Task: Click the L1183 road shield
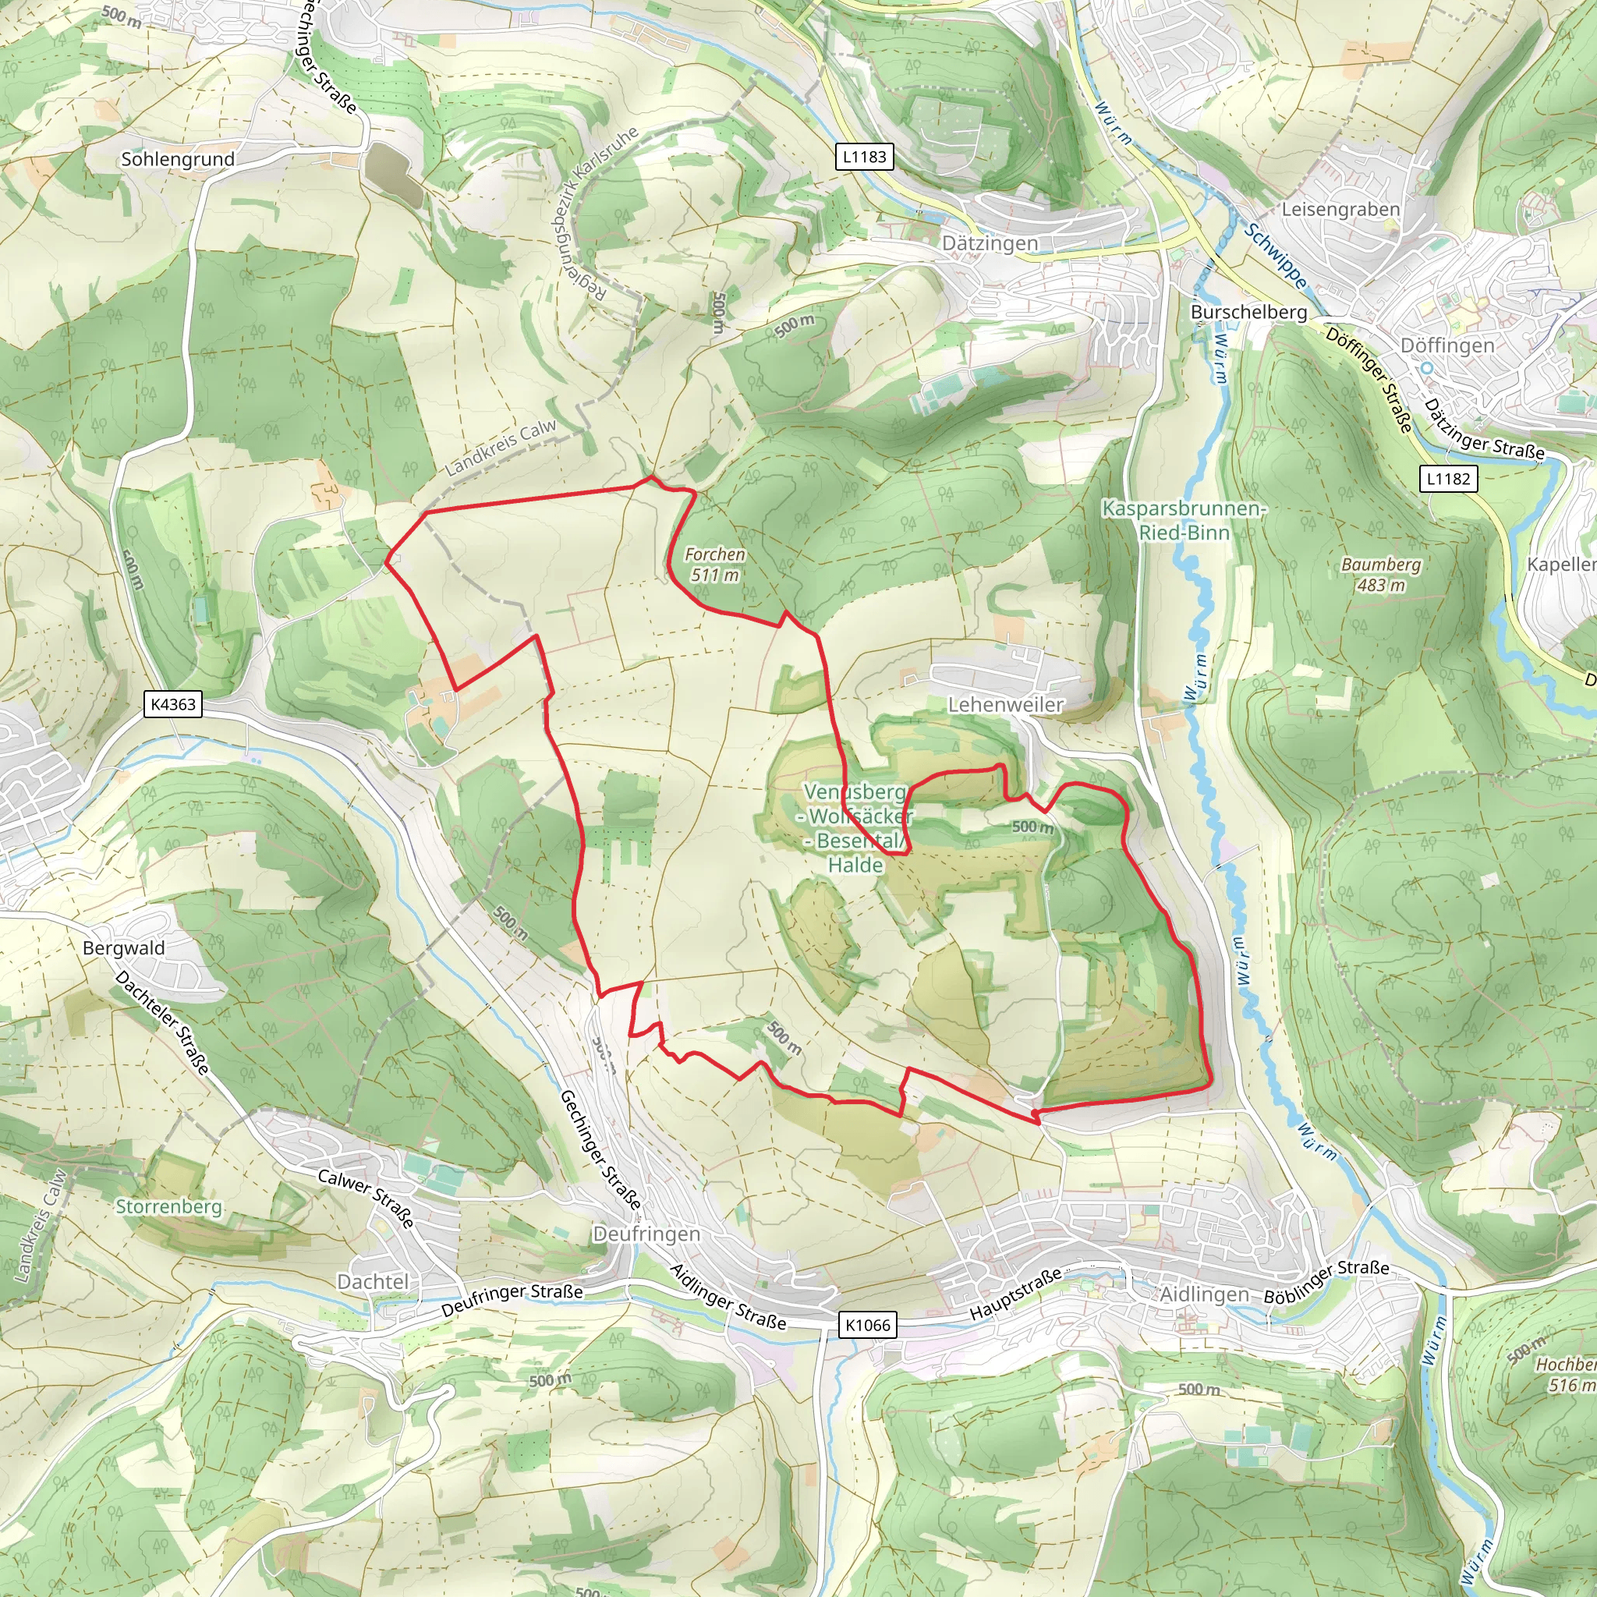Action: tap(865, 157)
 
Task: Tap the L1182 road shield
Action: tap(1449, 479)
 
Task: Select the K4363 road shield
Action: tap(174, 704)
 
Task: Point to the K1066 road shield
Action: tap(868, 1325)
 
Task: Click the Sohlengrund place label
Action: tap(178, 159)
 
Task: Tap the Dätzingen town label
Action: tap(990, 244)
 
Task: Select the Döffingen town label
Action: tap(1447, 345)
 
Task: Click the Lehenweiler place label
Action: tap(1005, 705)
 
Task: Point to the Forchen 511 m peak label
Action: tap(715, 565)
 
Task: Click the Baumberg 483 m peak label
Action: tap(1381, 575)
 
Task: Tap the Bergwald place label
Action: tap(124, 948)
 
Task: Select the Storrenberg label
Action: tap(168, 1207)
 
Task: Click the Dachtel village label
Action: tap(373, 1281)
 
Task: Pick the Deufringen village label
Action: tap(646, 1234)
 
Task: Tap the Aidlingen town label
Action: tap(1204, 1294)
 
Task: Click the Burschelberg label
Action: tap(1249, 313)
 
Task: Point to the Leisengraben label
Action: tap(1340, 210)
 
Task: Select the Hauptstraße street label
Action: tap(1015, 1294)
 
